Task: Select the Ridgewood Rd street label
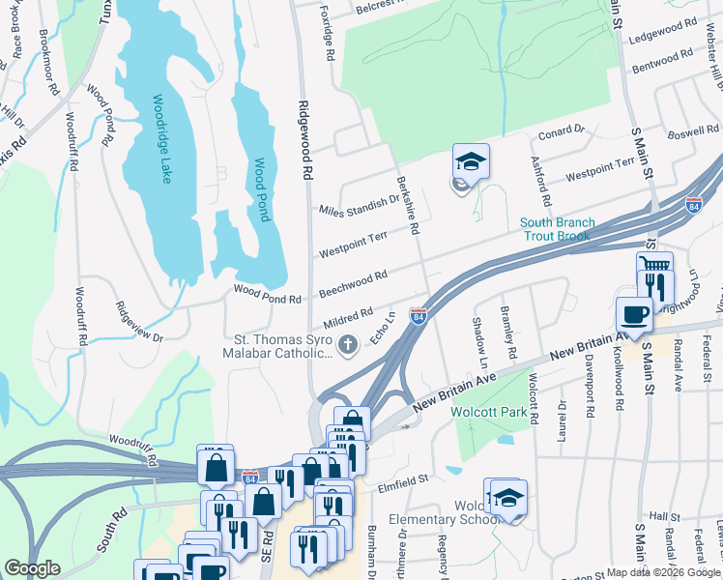(x=305, y=141)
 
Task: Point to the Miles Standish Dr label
(x=360, y=206)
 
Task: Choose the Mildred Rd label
(x=349, y=317)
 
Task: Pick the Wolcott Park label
(x=486, y=410)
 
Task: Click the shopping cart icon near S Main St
(x=654, y=265)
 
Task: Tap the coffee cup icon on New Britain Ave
(x=633, y=314)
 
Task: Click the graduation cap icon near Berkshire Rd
(x=471, y=160)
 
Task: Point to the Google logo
(x=32, y=568)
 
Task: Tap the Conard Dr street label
(x=562, y=130)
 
